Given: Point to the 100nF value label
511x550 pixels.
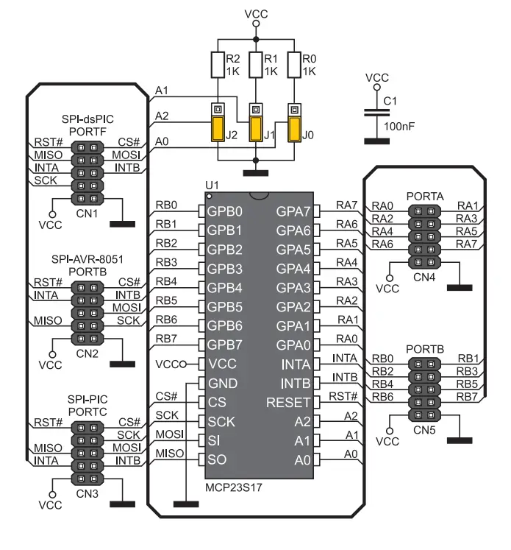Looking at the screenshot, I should [399, 127].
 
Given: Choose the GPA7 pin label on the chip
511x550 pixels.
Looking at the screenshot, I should [293, 211].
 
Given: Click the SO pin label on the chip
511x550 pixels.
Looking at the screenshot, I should [218, 460].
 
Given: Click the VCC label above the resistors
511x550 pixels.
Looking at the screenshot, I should [256, 13].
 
